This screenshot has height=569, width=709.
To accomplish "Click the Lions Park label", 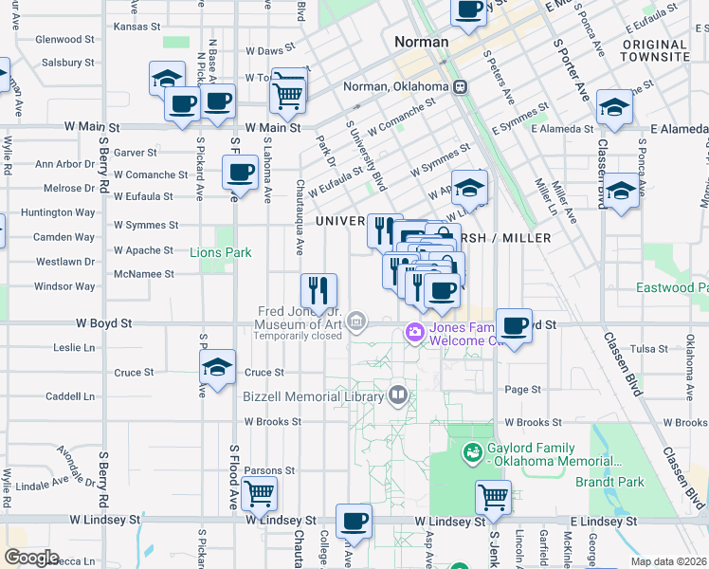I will (x=220, y=252).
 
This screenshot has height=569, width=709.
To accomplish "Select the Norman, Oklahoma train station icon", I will (x=460, y=87).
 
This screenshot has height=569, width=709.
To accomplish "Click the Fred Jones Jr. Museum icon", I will (x=355, y=322).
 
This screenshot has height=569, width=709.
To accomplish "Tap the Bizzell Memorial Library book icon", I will (x=398, y=395).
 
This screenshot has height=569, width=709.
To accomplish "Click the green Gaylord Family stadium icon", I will (x=472, y=453).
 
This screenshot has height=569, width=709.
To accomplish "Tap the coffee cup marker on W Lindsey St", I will (x=354, y=520).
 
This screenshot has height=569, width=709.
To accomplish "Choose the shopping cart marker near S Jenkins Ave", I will (x=493, y=495).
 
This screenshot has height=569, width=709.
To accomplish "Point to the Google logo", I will (x=30, y=558).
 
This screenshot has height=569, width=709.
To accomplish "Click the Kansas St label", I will (x=132, y=27).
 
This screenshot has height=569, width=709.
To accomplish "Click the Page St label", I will (x=522, y=389).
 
